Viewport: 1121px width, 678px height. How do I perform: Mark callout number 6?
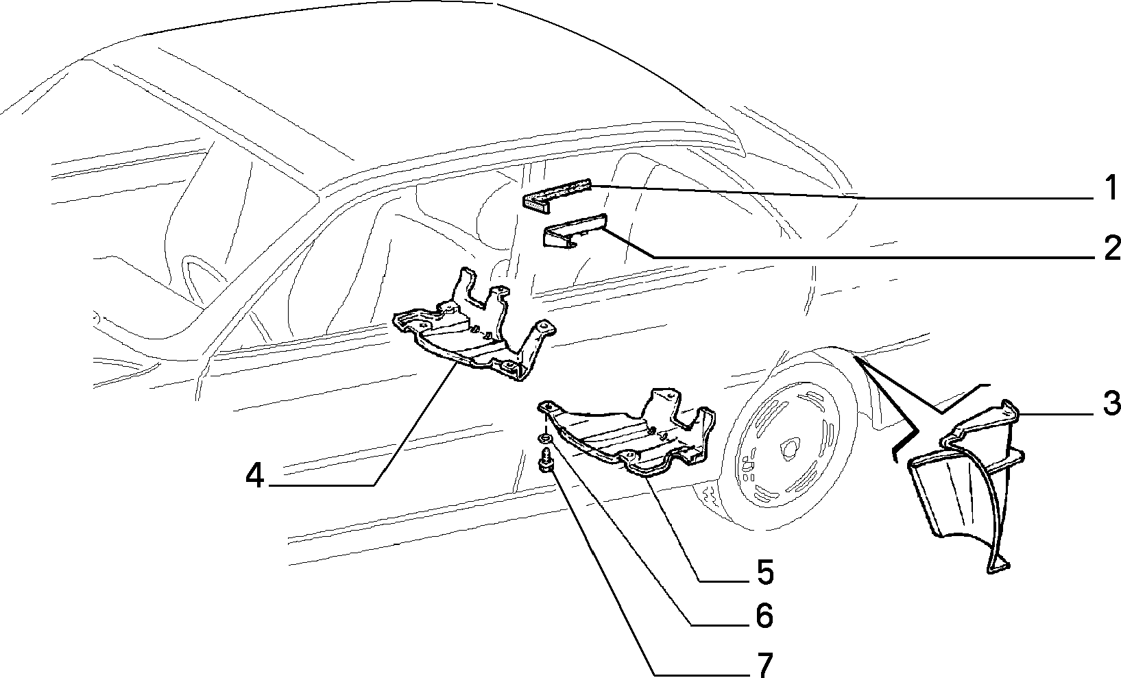tap(764, 615)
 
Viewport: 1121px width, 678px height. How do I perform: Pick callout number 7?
tap(764, 664)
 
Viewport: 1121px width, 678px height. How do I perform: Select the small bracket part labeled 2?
tap(575, 237)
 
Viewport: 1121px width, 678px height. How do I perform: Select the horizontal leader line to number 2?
tap(873, 257)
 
